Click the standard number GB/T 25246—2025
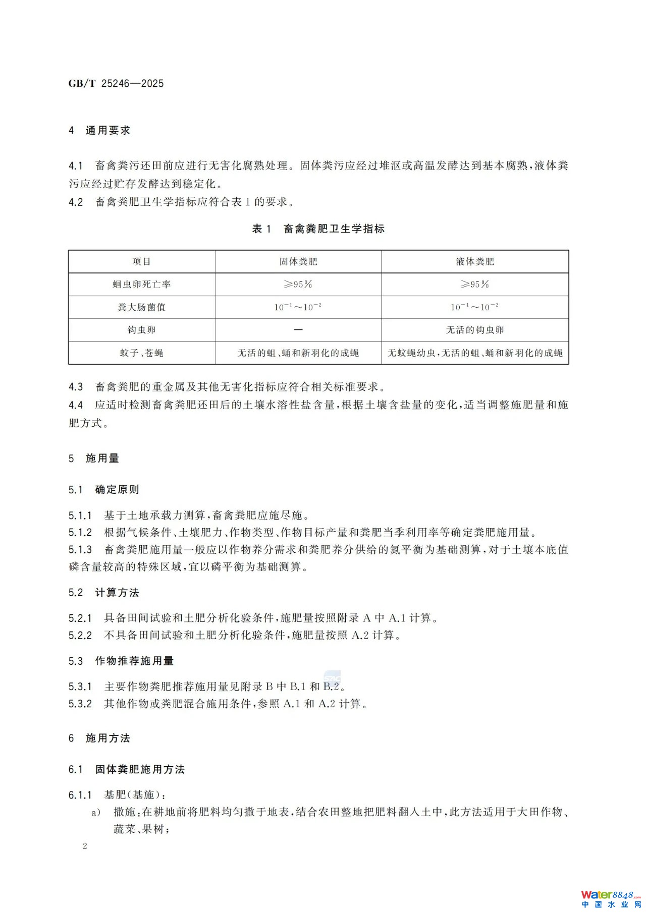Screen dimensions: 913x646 coord(116,84)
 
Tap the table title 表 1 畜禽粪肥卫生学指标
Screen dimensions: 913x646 coord(318,229)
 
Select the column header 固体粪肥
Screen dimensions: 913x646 coord(298,262)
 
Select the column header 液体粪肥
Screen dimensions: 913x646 coord(475,262)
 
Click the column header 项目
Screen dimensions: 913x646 coord(141,262)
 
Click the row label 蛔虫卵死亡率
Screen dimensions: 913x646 coord(141,284)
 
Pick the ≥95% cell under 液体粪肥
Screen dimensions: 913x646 coord(475,284)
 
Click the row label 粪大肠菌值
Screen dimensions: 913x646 coord(141,307)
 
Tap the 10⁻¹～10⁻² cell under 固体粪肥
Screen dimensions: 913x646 coord(298,307)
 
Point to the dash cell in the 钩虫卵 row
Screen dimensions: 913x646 coord(298,330)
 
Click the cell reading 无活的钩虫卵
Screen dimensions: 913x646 coord(475,330)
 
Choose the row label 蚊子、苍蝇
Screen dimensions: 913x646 coord(141,353)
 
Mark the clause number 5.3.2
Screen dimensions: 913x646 coord(80,704)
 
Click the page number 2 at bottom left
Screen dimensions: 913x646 coord(85,846)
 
